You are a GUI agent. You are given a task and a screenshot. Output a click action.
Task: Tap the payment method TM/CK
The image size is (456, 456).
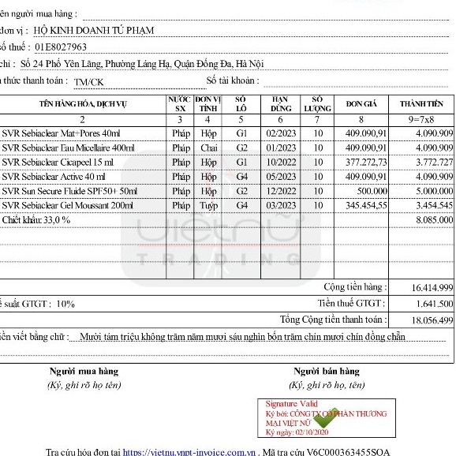[x=88, y=81]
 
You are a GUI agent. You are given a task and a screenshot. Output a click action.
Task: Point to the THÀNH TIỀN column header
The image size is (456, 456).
[x=421, y=104]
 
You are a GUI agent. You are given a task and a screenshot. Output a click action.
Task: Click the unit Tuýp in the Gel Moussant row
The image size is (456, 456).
[x=208, y=205]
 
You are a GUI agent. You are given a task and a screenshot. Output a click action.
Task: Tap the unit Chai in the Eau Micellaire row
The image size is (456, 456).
[x=208, y=148]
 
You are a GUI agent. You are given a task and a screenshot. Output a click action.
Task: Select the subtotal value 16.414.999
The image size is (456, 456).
[x=432, y=288]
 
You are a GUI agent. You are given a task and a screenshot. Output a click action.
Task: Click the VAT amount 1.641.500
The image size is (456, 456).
[x=432, y=303]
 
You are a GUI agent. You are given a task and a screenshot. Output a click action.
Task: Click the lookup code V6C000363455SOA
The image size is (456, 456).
[x=349, y=452]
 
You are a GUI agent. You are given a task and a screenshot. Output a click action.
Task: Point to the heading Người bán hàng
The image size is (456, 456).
[x=326, y=371]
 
